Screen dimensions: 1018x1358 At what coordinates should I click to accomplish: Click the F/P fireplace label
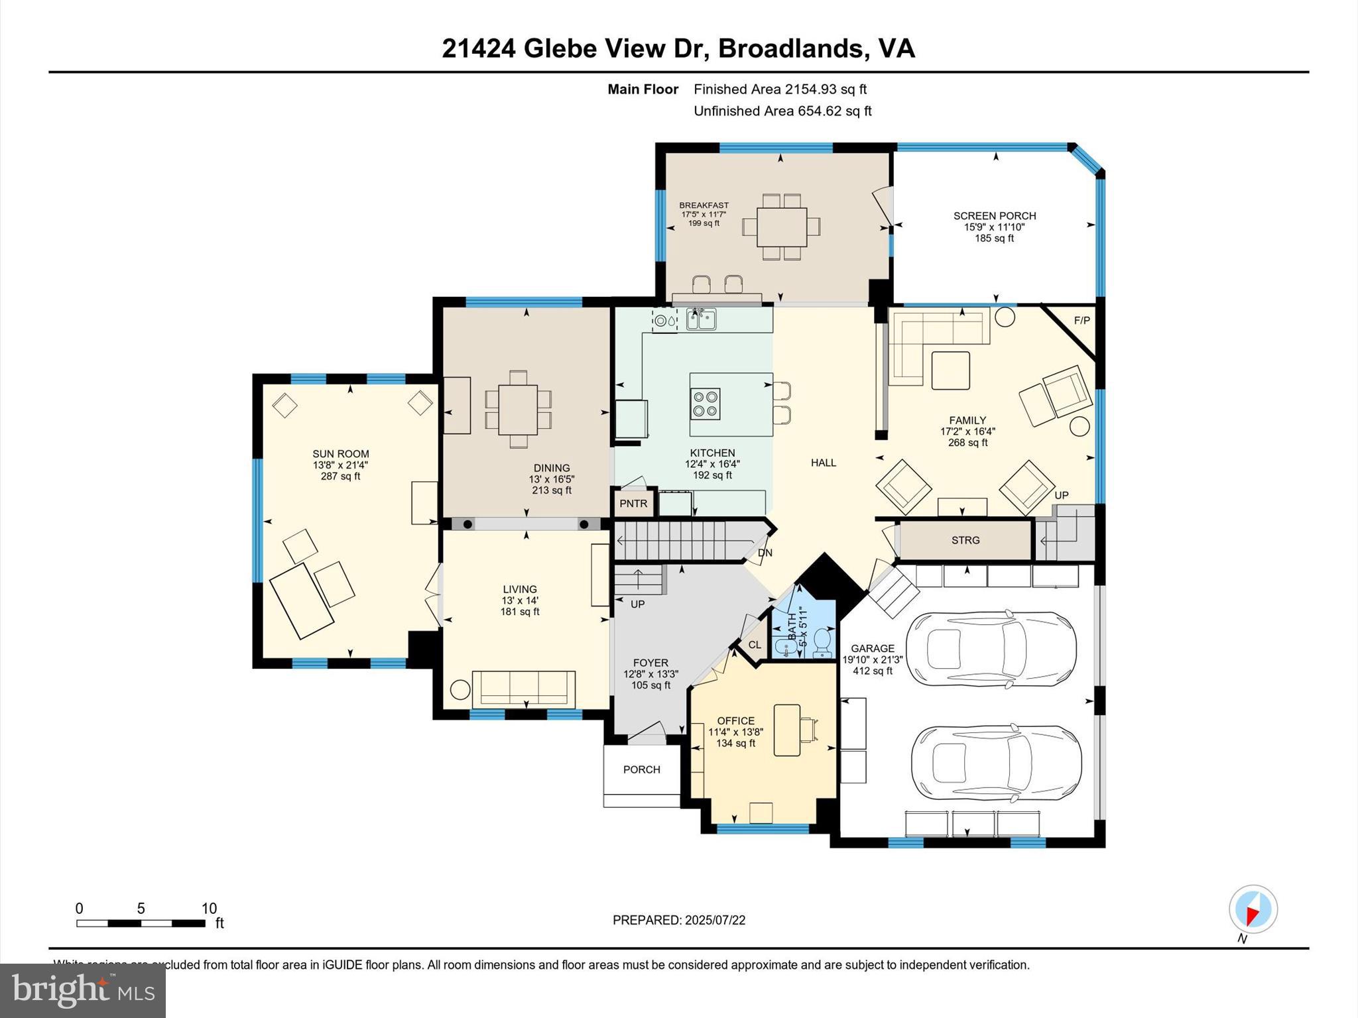click(1081, 321)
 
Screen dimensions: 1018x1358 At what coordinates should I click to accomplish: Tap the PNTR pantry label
click(633, 504)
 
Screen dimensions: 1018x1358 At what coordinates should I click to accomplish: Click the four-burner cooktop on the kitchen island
click(705, 404)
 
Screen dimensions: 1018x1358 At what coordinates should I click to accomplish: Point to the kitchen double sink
click(701, 319)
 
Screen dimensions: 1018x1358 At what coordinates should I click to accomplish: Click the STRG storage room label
click(965, 540)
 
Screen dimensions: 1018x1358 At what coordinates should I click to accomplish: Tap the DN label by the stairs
click(765, 553)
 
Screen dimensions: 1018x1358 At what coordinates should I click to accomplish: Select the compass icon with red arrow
click(1253, 909)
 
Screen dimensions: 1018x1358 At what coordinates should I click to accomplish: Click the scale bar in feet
click(141, 923)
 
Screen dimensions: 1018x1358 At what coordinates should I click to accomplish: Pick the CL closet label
click(755, 645)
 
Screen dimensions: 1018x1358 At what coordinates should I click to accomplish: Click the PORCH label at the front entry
click(641, 769)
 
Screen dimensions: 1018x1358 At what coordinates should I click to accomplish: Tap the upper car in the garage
click(990, 649)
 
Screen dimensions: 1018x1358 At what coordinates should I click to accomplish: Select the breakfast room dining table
click(781, 227)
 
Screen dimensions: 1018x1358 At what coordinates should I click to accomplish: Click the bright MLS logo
click(83, 990)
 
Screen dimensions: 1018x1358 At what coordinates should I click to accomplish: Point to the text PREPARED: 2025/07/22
click(679, 920)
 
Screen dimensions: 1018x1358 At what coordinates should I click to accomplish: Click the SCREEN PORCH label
click(994, 216)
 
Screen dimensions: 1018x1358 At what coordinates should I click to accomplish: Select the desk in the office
click(787, 730)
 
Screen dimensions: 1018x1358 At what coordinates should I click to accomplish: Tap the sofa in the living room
click(523, 689)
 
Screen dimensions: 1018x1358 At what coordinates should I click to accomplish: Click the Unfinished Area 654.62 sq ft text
click(782, 111)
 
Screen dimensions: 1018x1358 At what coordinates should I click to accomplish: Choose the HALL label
click(823, 463)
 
